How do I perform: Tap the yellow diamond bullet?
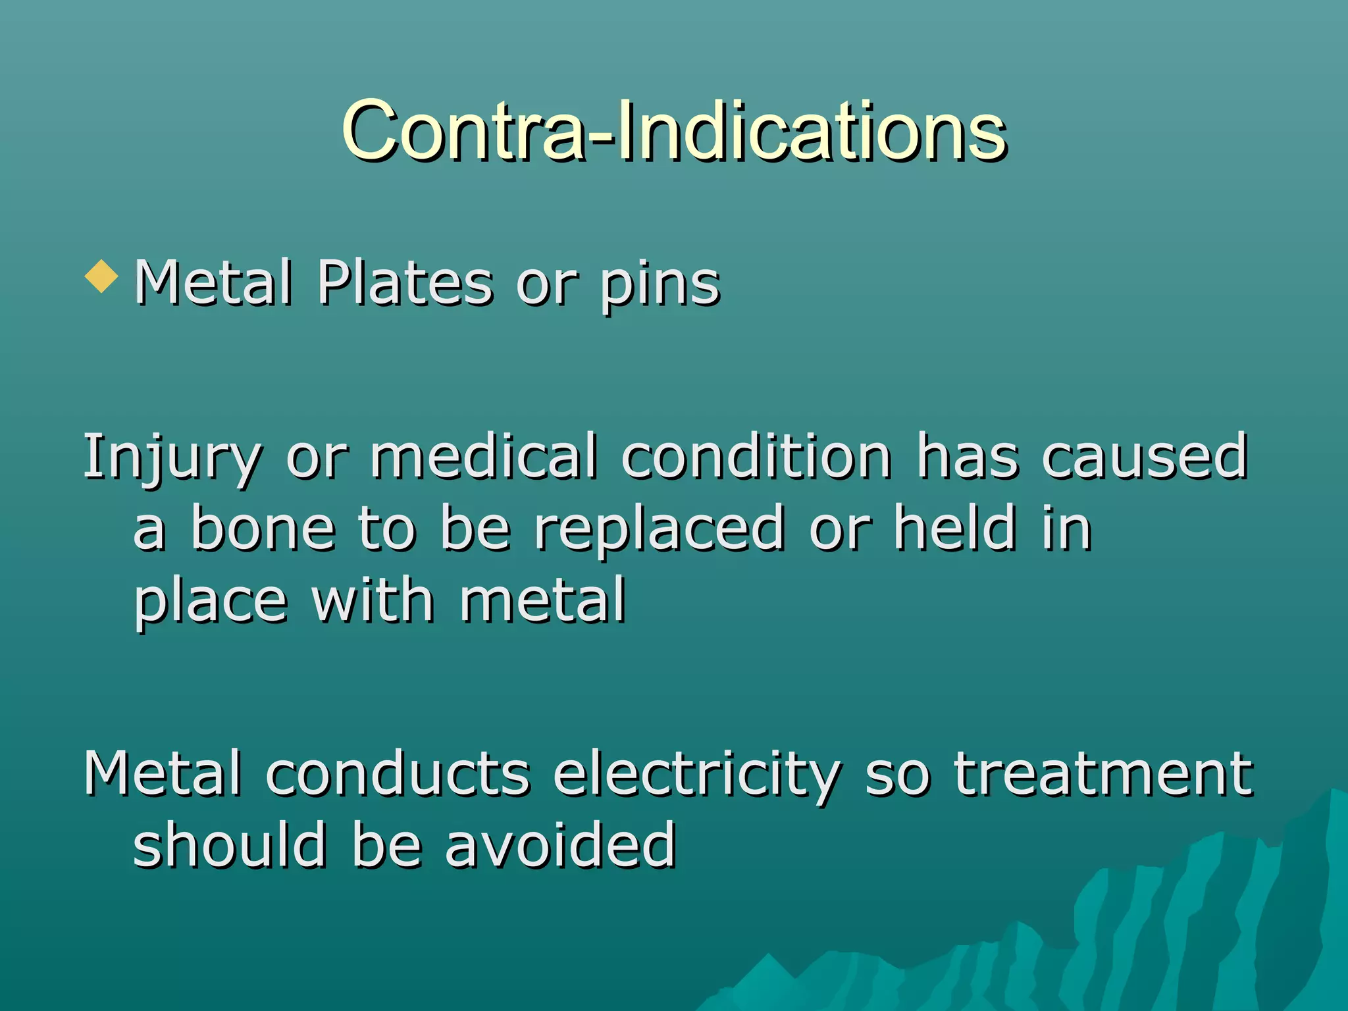coord(101,276)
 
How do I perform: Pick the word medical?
coord(484,455)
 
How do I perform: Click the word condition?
coord(756,455)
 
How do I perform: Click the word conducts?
coord(398,773)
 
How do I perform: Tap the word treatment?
coord(1103,774)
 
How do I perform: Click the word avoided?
coord(560,845)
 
